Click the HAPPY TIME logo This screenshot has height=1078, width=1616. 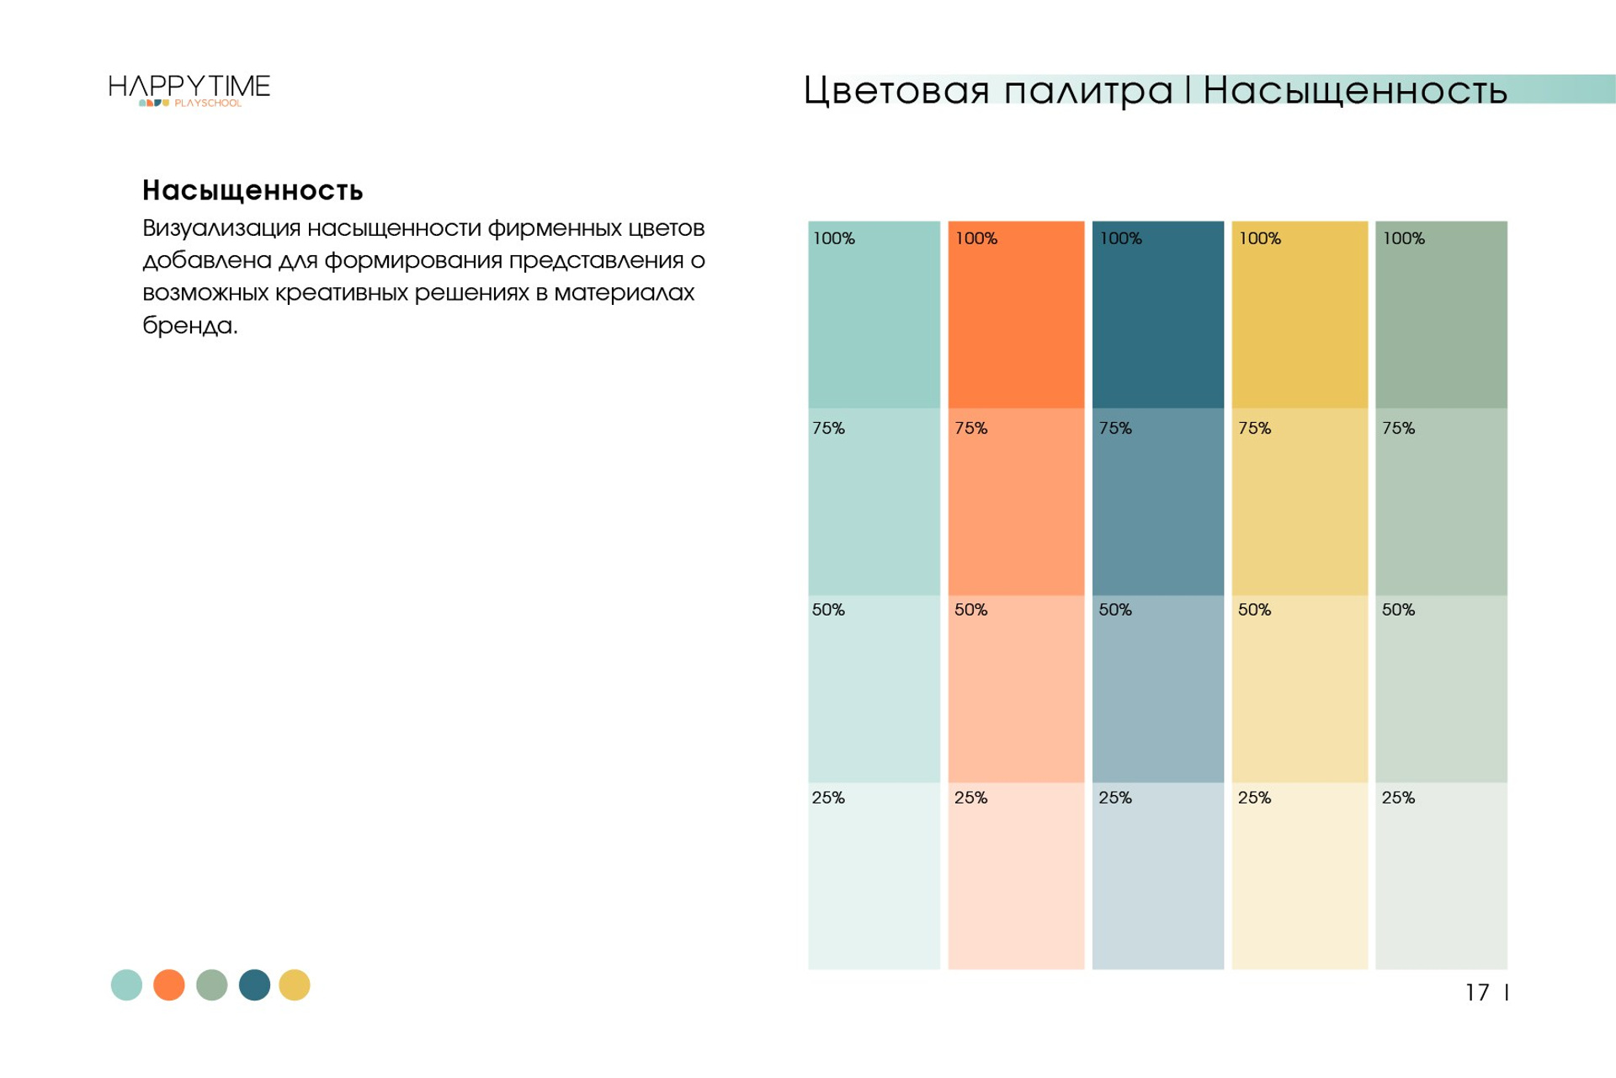point(189,89)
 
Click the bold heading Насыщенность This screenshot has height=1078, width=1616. point(252,190)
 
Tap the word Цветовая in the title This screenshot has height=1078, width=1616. point(896,90)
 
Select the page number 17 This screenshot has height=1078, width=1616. point(1477,993)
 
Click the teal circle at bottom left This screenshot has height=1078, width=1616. point(127,985)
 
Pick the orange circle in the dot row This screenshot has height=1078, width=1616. point(169,985)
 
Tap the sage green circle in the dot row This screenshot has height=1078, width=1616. point(212,985)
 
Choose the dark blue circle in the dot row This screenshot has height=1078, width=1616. point(254,985)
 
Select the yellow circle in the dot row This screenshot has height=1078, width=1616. point(295,985)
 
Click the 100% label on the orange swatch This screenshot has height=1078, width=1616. point(976,238)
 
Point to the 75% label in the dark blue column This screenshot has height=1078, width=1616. point(1115,428)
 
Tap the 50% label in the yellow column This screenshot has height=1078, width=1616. point(1254,610)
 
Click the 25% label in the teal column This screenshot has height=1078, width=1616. point(828,798)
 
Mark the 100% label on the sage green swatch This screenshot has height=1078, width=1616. point(1404,238)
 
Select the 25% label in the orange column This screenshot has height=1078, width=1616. point(970,798)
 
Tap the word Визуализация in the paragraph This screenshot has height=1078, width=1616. point(221,228)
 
